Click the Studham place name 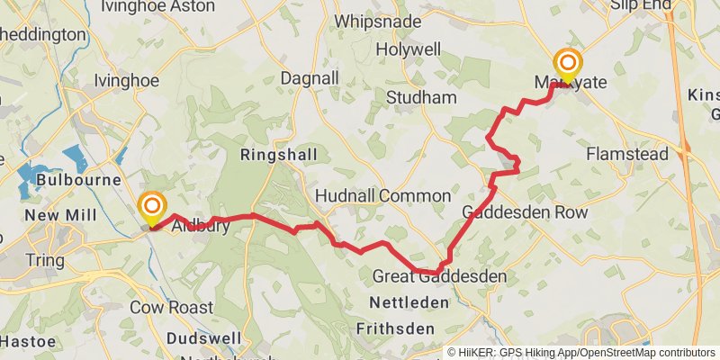420,96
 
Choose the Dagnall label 308,78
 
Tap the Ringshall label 279,156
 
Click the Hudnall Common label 383,196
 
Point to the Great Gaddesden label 438,276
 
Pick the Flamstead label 627,154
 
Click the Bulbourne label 79,180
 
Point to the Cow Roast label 170,307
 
